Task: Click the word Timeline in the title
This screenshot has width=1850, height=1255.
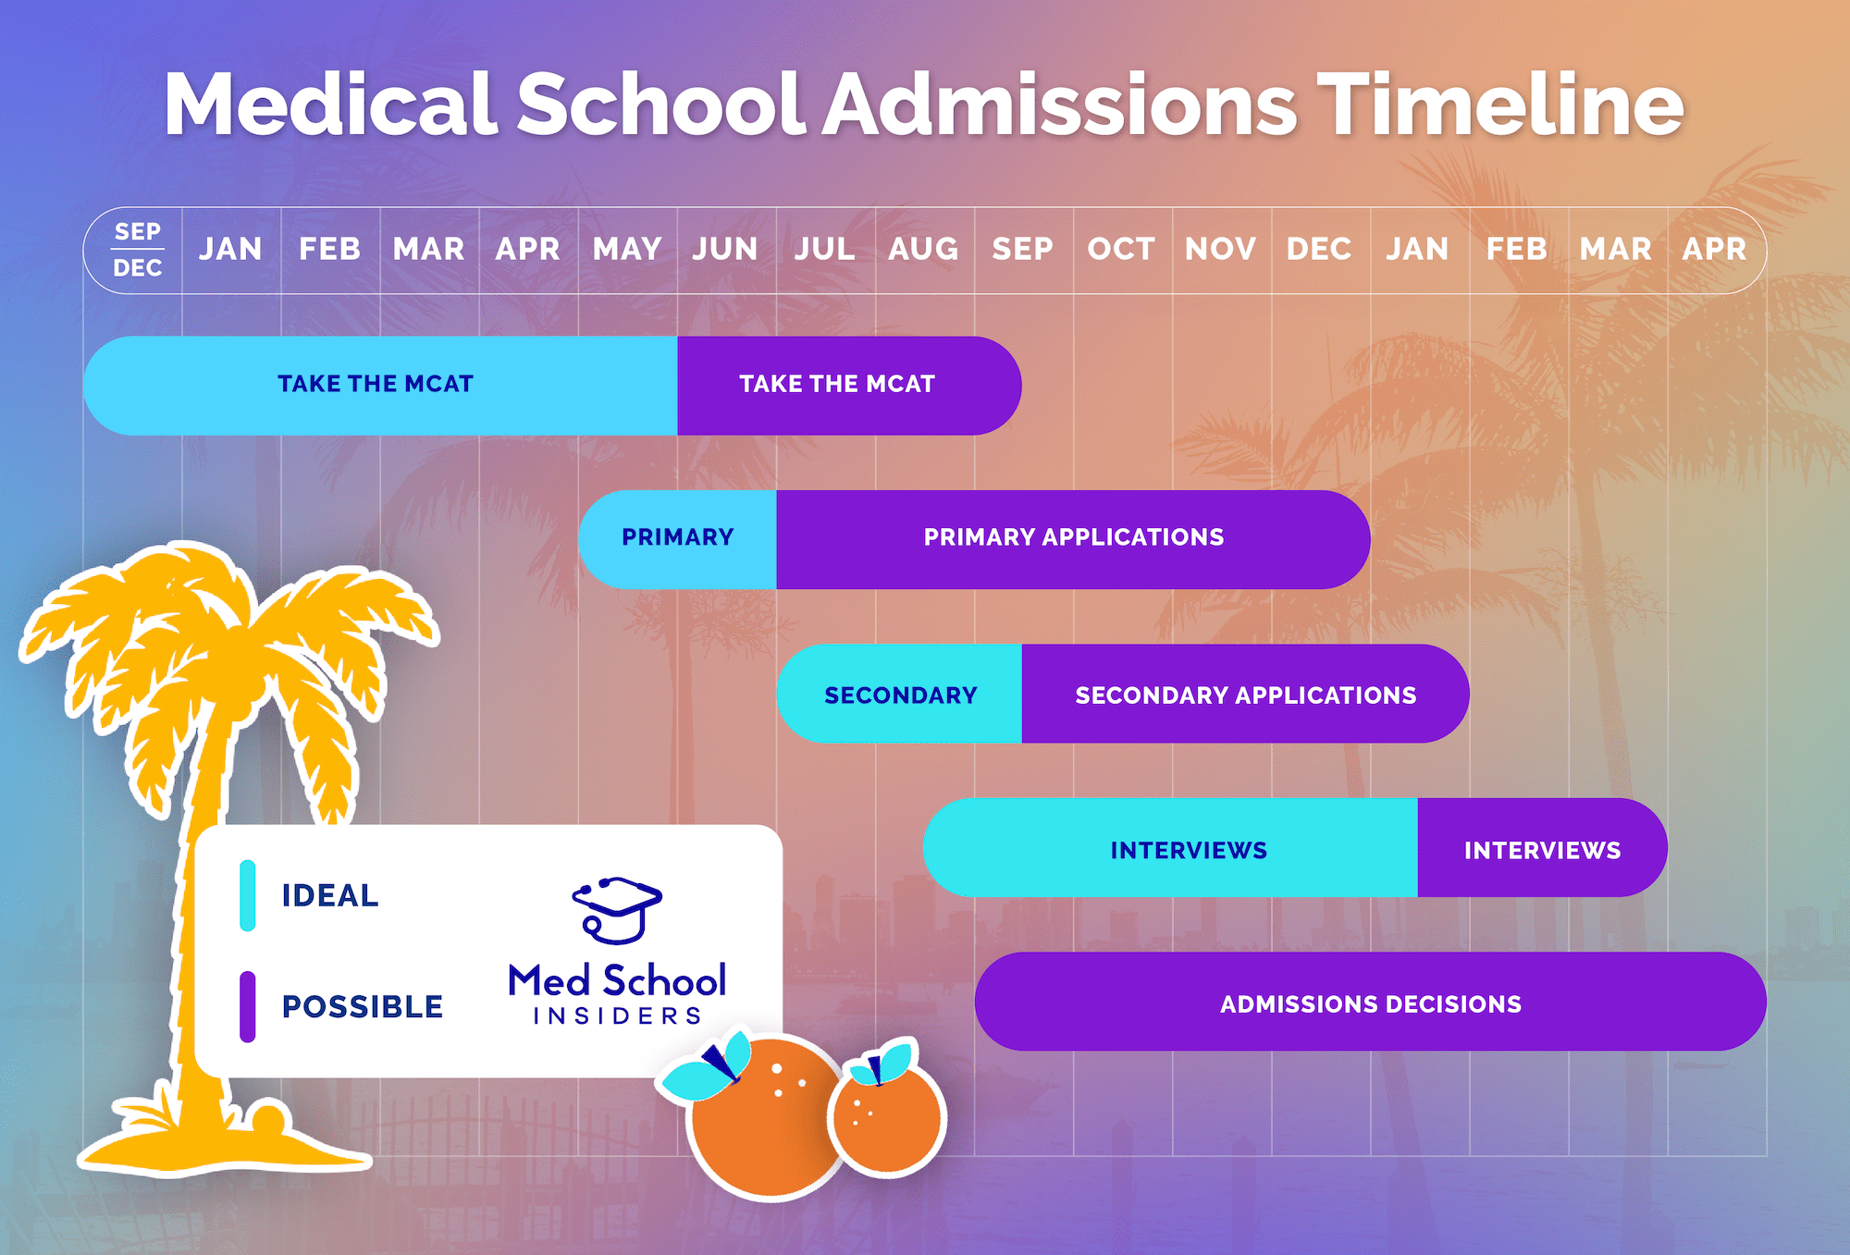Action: coord(1500,105)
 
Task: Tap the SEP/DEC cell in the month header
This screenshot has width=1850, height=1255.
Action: coord(137,250)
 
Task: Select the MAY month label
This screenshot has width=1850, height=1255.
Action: coord(627,249)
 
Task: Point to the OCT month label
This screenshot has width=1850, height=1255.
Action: coord(1121,249)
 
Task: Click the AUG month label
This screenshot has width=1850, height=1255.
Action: coord(923,249)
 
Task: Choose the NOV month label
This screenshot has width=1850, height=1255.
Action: coord(1220,249)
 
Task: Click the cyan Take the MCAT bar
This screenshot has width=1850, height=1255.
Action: coord(380,386)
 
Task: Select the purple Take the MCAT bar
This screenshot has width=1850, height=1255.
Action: coord(849,386)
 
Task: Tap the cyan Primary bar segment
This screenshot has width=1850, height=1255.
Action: coord(677,540)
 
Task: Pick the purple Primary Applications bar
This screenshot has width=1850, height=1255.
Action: coord(1073,540)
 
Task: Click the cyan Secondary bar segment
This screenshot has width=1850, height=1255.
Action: coord(899,695)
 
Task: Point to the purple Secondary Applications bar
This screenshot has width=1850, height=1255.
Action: coord(1245,695)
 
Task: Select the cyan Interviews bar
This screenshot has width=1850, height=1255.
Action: coord(1170,848)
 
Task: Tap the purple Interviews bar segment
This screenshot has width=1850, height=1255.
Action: coord(1542,848)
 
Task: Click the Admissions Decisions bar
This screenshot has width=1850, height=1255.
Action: coord(1371,1002)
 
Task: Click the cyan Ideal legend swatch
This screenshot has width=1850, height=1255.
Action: coord(247,895)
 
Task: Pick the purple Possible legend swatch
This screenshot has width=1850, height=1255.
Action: coord(247,1006)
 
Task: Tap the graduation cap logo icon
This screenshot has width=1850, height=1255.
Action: coord(617,910)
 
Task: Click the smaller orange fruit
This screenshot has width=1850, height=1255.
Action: coord(886,1114)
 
